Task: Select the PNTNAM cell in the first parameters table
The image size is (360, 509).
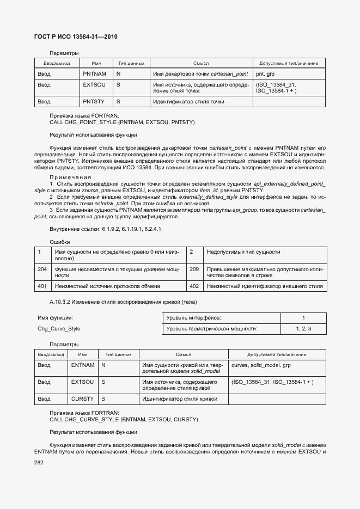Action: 94,73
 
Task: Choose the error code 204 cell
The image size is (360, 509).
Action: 42,269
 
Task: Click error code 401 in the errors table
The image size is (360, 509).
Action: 42,286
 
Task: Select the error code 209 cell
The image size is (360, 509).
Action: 194,269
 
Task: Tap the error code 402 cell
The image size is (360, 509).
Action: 194,286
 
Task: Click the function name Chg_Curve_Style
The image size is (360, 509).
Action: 59,329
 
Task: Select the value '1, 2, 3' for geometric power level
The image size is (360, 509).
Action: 303,329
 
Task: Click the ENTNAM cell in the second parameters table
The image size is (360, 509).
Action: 83,365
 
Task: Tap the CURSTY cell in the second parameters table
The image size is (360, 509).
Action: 83,399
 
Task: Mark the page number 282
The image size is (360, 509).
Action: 39,462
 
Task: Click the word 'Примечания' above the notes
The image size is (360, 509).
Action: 70,177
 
